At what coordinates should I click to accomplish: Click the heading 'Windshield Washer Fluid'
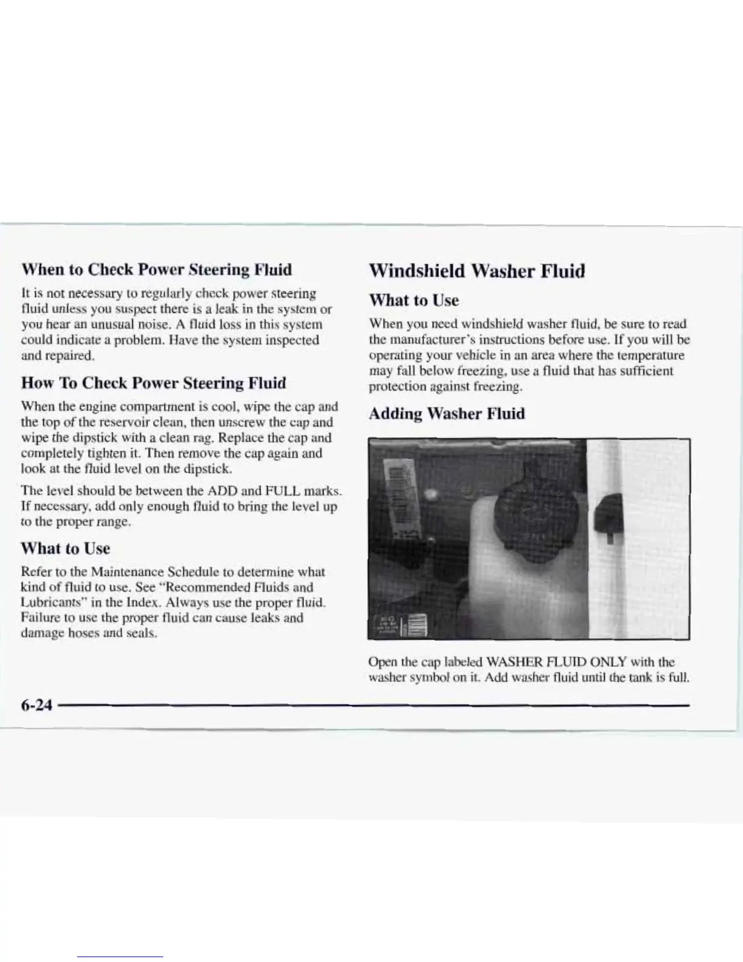(x=477, y=271)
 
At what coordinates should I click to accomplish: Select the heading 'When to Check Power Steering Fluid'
(x=156, y=269)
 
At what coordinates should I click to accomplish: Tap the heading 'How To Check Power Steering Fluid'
(x=154, y=383)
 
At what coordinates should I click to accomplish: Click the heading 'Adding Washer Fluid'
(x=447, y=414)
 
